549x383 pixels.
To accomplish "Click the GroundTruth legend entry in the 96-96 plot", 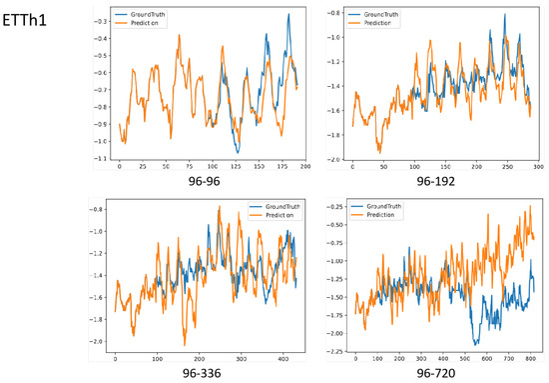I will [x=153, y=14].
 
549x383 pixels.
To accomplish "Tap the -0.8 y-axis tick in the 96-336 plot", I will [x=103, y=210].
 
